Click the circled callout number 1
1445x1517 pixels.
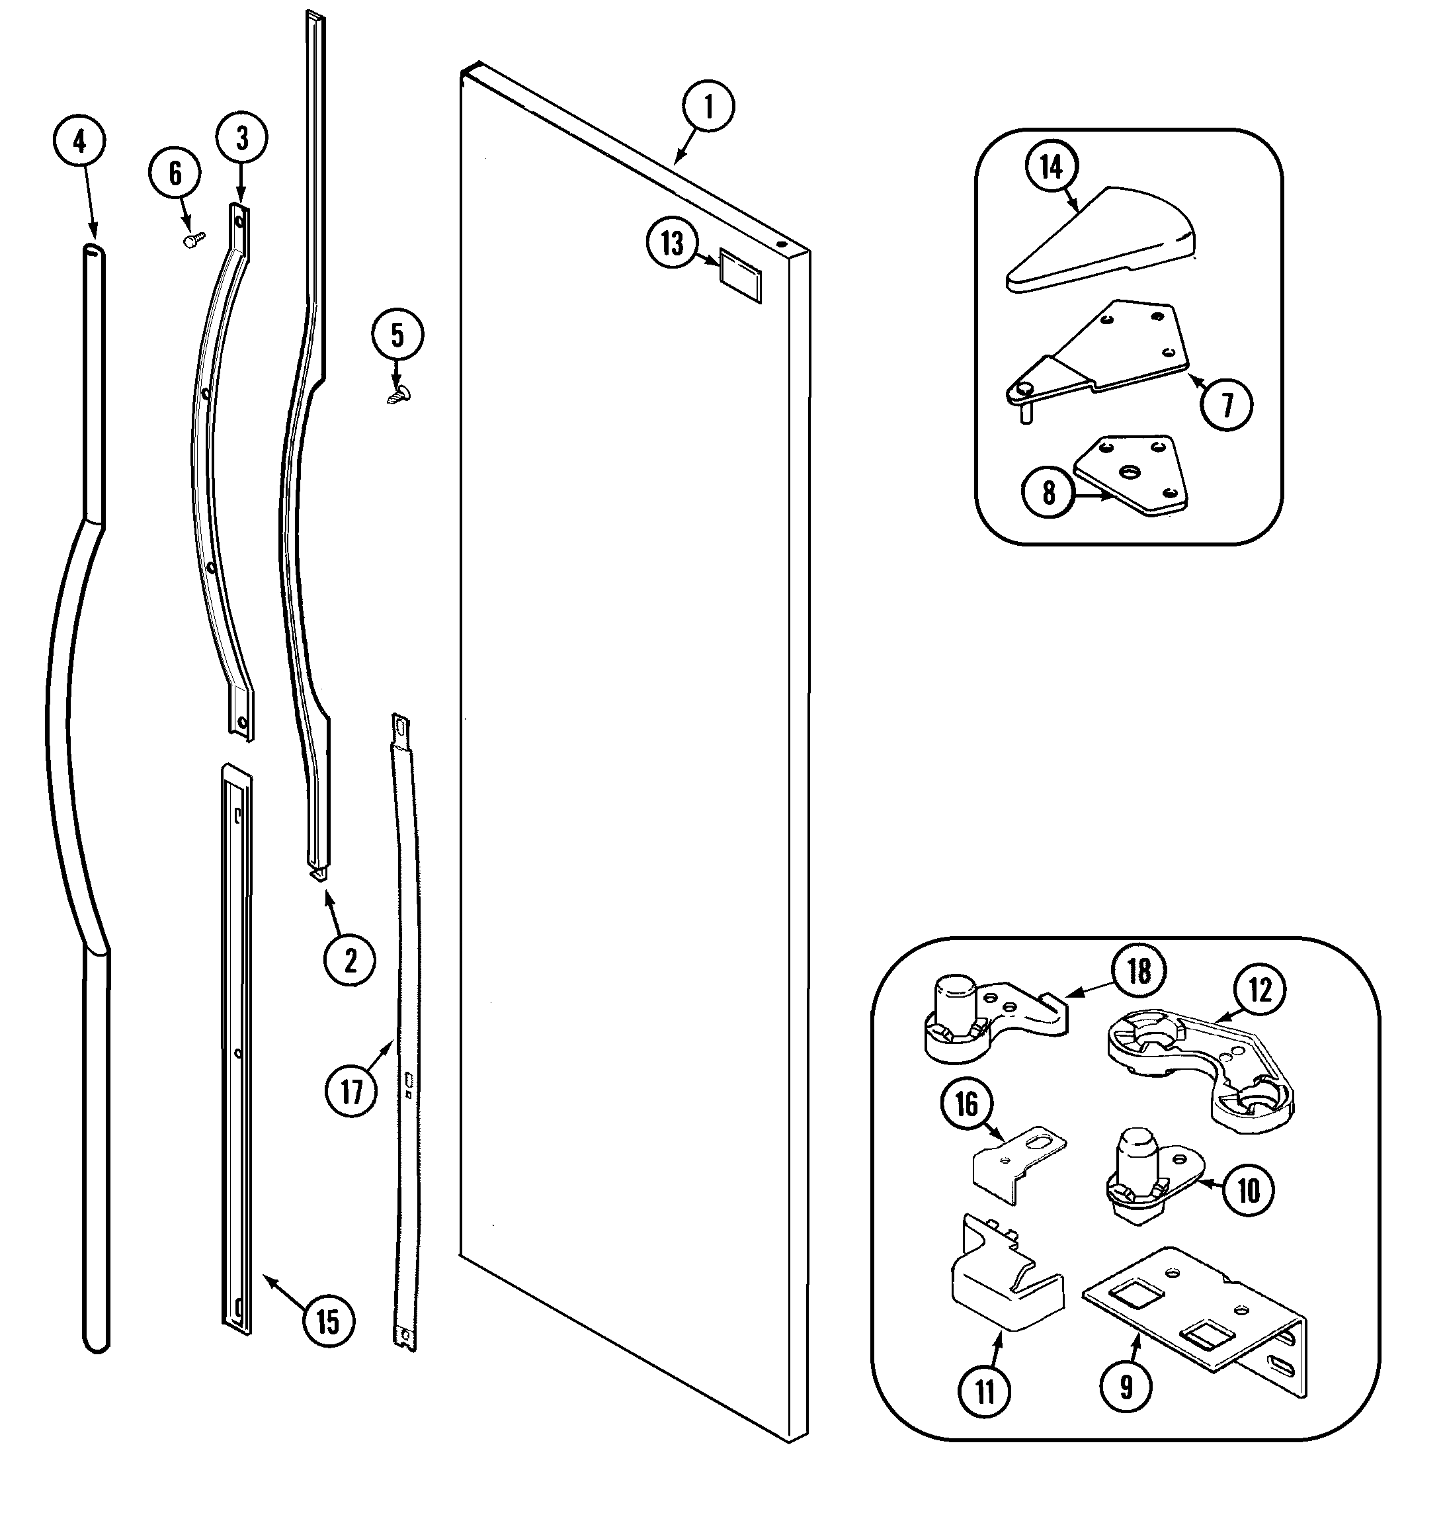(707, 107)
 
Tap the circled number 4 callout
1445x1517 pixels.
(79, 141)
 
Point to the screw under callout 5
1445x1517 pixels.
(398, 395)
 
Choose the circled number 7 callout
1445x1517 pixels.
(1227, 404)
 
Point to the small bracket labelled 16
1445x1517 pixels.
(1016, 1167)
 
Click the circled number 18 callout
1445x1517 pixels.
(1138, 971)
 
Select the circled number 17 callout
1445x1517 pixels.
(351, 1091)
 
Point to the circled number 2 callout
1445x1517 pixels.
(350, 961)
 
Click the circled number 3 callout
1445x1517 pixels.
(241, 138)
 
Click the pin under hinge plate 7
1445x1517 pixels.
(1025, 413)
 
